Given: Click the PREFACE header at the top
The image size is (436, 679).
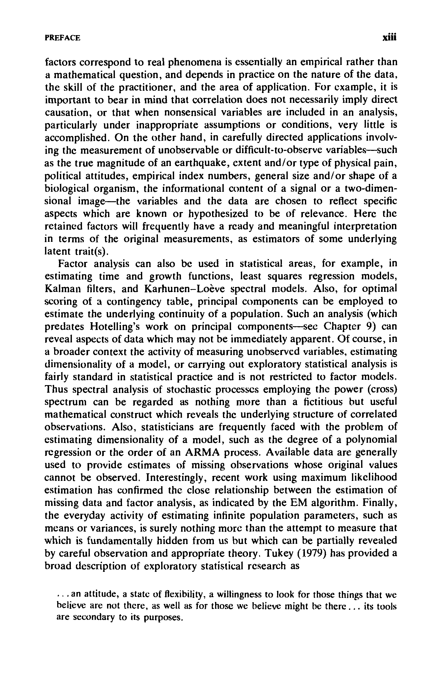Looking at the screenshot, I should click(x=63, y=38).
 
